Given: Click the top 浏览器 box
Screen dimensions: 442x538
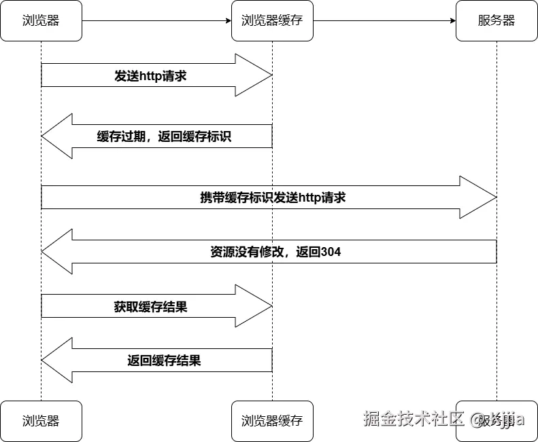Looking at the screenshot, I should (x=41, y=20).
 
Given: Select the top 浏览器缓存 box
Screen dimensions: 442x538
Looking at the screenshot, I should (x=272, y=20).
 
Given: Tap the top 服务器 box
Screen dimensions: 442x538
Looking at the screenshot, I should (x=497, y=20).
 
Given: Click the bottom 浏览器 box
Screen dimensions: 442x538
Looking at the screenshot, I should (x=41, y=421).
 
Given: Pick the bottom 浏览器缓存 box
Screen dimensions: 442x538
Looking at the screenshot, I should (x=272, y=421).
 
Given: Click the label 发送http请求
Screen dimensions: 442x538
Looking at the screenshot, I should (x=150, y=76).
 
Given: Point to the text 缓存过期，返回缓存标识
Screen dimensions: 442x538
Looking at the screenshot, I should (x=164, y=136).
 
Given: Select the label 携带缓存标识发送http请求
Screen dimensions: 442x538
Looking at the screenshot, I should (x=273, y=198).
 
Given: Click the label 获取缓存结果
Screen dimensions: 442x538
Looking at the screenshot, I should (x=150, y=306).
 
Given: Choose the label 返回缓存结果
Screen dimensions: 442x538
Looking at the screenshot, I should (x=164, y=361).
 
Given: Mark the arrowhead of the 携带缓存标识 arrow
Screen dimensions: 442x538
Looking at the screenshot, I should (x=480, y=198).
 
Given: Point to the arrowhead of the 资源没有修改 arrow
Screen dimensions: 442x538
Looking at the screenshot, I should (x=58, y=252).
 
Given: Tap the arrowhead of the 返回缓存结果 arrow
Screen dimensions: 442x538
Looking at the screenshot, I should (x=58, y=361).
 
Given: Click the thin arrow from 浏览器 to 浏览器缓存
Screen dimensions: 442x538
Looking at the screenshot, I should (x=156, y=20).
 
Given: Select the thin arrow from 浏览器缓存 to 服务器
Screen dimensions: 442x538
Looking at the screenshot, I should (x=384, y=20).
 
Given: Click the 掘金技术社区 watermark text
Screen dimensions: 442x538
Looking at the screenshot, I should (x=414, y=418).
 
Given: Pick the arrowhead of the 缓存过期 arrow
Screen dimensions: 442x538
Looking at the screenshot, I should (x=58, y=136).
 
